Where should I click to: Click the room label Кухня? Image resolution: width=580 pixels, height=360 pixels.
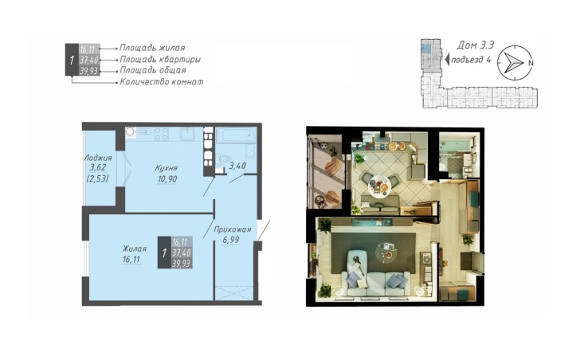click(166, 168)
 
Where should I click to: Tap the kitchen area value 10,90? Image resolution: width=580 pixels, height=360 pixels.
click(167, 179)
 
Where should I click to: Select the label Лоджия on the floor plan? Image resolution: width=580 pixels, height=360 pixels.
click(98, 158)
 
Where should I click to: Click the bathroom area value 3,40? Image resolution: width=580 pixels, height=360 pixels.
click(237, 166)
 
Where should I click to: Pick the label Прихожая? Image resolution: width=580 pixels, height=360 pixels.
click(233, 229)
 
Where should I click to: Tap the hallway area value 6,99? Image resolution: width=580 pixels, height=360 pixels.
click(231, 240)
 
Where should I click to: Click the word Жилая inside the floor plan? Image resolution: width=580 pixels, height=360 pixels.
click(135, 248)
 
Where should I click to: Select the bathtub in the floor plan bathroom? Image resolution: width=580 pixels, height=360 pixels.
click(236, 135)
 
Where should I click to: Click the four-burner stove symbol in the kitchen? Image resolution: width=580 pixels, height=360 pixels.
click(162, 134)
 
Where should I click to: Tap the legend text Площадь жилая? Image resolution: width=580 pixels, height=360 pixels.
click(152, 48)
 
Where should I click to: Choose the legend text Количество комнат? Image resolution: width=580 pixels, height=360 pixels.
click(161, 82)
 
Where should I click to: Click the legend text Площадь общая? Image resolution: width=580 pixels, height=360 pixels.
click(152, 70)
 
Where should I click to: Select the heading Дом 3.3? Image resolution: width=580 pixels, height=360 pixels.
click(476, 45)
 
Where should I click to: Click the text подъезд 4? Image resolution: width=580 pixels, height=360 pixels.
click(471, 60)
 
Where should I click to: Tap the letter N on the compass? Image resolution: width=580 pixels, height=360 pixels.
click(531, 63)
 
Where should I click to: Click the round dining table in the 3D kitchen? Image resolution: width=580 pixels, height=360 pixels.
click(379, 186)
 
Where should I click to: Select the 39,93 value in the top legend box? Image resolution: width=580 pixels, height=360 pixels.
click(88, 71)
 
